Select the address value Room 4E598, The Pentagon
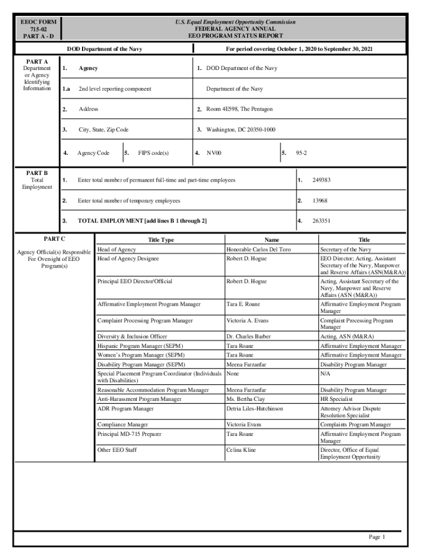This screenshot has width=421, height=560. [x=239, y=109]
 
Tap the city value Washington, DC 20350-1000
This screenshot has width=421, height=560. [x=241, y=130]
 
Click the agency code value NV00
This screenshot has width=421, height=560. [x=214, y=153]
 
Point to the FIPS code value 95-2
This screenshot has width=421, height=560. [x=301, y=153]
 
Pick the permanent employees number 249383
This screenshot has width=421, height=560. [x=321, y=180]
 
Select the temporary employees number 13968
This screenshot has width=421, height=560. [x=320, y=201]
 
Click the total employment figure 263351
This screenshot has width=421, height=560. [x=321, y=221]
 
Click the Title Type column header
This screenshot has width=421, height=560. [x=161, y=240]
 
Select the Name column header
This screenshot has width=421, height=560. [x=272, y=240]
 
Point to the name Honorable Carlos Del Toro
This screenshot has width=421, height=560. [x=259, y=249]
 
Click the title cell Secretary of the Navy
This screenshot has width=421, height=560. [x=346, y=249]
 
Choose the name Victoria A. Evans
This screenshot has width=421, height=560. [x=247, y=320]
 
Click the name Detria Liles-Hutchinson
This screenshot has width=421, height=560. [x=255, y=409]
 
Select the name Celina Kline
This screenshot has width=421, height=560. [x=241, y=450]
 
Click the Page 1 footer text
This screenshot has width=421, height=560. [x=377, y=537]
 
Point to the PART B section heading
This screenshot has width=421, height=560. [x=37, y=172]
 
